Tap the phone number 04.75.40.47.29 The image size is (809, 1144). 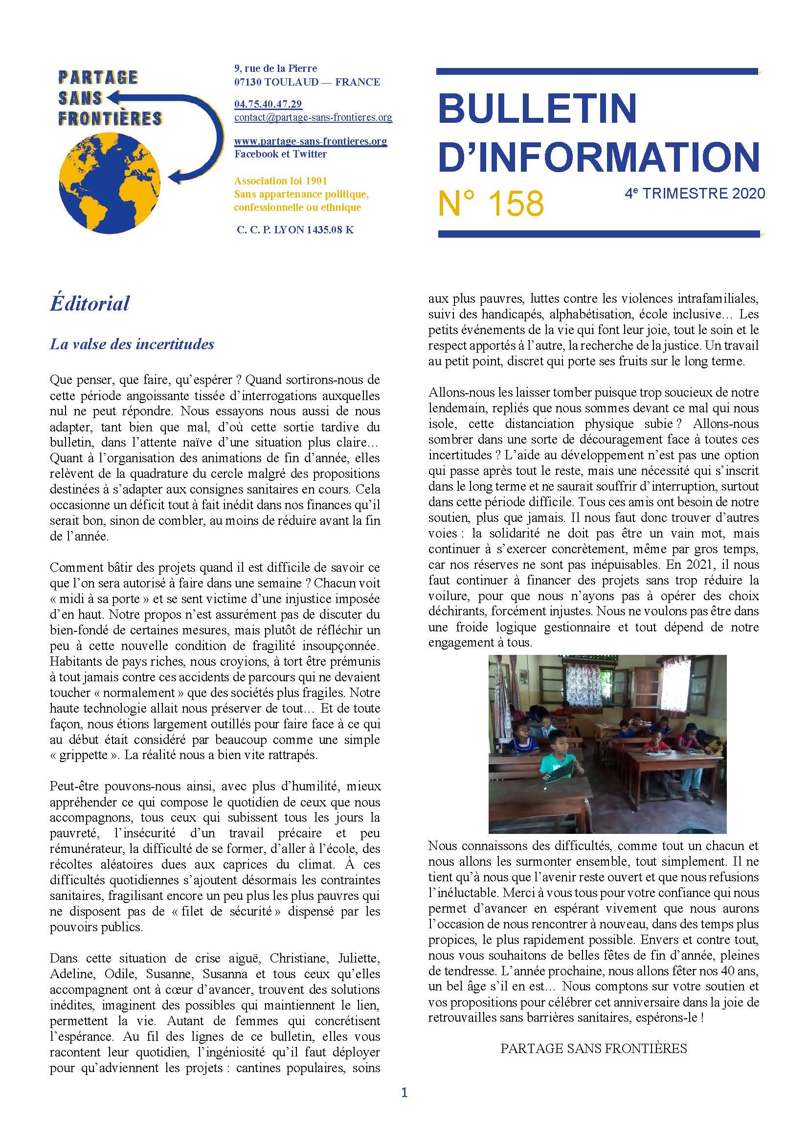point(268,104)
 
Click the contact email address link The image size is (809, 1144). point(313,117)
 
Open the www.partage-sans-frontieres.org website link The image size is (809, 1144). point(311,141)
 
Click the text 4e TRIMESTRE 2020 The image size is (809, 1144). point(695,193)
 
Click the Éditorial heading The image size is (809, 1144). point(90,303)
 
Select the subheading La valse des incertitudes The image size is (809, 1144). point(132,344)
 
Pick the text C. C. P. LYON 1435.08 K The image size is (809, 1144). point(295,230)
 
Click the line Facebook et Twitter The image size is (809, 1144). point(280,154)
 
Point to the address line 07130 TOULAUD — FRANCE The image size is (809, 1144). point(307,82)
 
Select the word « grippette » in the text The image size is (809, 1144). point(85,755)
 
